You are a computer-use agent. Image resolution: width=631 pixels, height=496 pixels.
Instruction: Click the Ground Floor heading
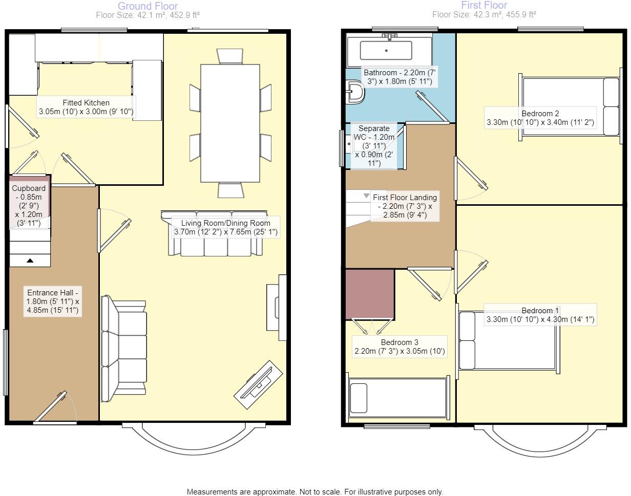point(148,6)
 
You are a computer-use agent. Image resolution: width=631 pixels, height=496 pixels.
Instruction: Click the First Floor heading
point(483,6)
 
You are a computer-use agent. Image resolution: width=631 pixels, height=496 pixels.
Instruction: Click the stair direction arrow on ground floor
point(30,261)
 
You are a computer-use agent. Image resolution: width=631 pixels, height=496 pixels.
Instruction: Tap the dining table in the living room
point(229,123)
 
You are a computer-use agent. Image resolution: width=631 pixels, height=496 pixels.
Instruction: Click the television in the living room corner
point(259,384)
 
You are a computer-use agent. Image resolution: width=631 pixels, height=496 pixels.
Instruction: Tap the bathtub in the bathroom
point(386,50)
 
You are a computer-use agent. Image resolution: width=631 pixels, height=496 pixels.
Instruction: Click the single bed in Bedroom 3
point(397,397)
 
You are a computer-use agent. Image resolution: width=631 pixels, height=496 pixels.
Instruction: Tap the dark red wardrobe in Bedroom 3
point(370,294)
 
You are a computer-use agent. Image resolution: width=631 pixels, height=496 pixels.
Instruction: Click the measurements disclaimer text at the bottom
point(314,491)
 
